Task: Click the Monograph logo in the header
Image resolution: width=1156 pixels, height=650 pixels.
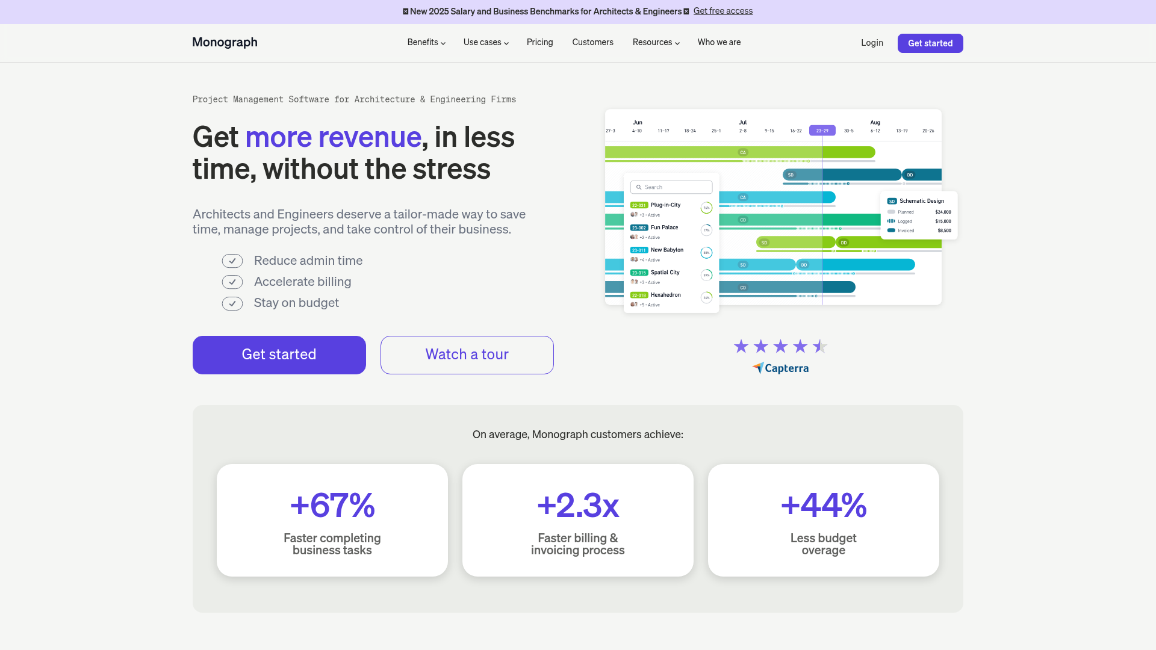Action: (225, 42)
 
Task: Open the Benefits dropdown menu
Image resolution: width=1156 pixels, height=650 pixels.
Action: (426, 42)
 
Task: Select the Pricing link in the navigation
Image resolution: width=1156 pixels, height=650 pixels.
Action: (539, 42)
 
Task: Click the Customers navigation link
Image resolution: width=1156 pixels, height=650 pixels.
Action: (592, 42)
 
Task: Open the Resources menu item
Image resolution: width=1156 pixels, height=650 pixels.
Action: (656, 42)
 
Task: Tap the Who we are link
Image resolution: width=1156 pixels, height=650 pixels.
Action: (719, 42)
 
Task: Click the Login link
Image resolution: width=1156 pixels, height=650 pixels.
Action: (871, 43)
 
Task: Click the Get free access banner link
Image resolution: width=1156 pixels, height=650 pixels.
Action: (722, 11)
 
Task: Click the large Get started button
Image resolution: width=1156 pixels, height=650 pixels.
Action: (279, 354)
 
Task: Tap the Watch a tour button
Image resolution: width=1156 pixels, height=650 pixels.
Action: (467, 354)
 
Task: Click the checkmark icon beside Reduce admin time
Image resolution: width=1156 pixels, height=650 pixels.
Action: (232, 261)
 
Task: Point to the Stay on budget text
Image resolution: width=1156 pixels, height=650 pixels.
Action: (296, 303)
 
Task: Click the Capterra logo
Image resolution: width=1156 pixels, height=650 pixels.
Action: (780, 368)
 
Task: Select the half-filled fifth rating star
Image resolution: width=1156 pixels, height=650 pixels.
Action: (819, 346)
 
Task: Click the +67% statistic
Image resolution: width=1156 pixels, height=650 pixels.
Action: (332, 505)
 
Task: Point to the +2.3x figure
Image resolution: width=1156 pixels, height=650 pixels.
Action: (577, 505)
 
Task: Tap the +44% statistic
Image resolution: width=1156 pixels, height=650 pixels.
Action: (823, 505)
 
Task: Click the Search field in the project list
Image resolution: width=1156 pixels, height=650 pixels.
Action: (671, 187)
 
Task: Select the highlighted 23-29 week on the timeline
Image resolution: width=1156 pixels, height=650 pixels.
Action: (822, 131)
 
